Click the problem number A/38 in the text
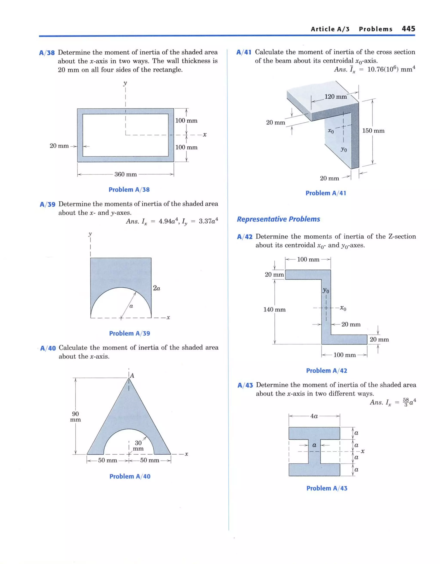(47, 53)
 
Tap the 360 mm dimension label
(125, 174)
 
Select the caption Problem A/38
(129, 190)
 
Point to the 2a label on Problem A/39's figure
(156, 288)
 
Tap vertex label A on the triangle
(132, 376)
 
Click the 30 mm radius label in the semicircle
(138, 446)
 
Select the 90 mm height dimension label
(75, 416)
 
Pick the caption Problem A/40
(130, 476)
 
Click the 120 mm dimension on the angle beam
(336, 97)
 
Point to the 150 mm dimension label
(373, 131)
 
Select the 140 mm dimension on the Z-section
(274, 309)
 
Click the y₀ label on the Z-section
(326, 290)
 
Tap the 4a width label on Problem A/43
(314, 416)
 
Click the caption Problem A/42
(326, 370)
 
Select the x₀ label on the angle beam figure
(331, 131)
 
